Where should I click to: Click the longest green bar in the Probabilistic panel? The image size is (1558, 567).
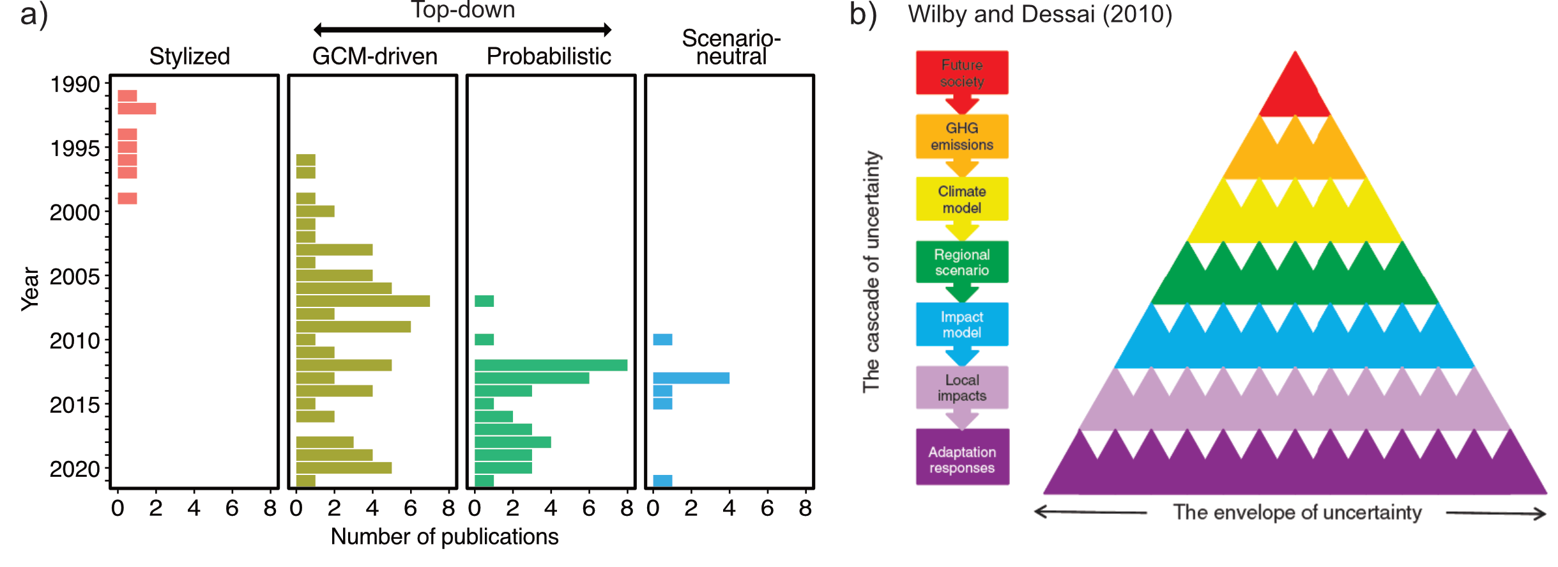click(x=550, y=365)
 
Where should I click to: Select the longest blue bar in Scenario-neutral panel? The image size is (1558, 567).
click(x=691, y=378)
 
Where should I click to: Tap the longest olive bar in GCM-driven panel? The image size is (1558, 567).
click(x=362, y=300)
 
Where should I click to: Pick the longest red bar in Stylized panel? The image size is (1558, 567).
click(x=137, y=109)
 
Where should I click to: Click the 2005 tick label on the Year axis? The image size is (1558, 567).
click(x=75, y=277)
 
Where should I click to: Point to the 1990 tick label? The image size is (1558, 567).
click(x=75, y=84)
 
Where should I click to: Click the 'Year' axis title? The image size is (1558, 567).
click(x=30, y=289)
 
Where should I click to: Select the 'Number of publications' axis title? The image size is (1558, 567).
click(x=444, y=537)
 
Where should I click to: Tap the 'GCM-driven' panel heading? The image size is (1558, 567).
click(x=374, y=56)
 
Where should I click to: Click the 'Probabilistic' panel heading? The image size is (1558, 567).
click(x=549, y=56)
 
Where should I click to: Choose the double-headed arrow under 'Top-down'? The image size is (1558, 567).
click(x=462, y=29)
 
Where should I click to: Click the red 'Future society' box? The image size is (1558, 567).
click(x=961, y=73)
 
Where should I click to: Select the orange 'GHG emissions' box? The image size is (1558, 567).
click(x=961, y=136)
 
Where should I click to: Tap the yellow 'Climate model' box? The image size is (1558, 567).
click(x=961, y=199)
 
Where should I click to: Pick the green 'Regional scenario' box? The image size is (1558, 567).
click(x=961, y=262)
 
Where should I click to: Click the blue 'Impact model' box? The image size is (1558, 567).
click(x=961, y=324)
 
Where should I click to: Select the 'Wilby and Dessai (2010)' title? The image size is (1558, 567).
click(x=1040, y=14)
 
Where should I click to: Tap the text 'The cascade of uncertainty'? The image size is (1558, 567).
click(x=871, y=272)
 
